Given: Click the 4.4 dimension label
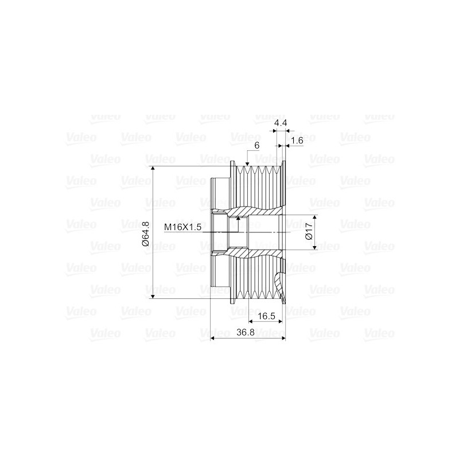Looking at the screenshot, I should click(280, 123).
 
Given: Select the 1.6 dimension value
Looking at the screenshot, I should click(297, 141).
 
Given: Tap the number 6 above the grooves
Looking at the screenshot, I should click(257, 146).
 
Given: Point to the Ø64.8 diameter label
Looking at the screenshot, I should click(146, 233).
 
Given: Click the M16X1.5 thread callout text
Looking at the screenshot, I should click(182, 227).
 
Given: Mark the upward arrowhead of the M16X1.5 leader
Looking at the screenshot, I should click(238, 219).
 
